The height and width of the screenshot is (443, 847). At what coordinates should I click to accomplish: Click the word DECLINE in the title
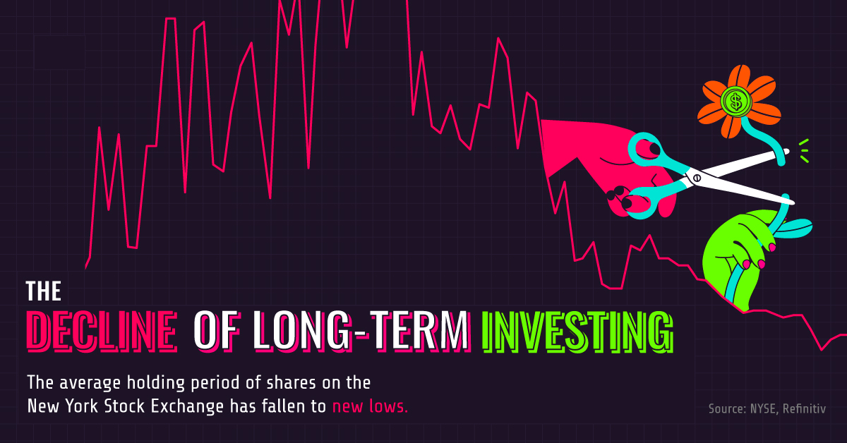tap(101, 330)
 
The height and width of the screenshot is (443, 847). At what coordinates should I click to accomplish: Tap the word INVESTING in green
tap(577, 330)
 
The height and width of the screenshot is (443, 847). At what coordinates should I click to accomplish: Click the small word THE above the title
tap(44, 291)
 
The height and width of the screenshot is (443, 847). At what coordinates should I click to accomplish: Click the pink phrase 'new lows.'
tap(370, 406)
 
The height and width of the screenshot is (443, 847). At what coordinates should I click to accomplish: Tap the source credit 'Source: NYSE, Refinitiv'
tap(767, 408)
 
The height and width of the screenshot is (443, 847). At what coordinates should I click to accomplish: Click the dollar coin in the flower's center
tap(735, 102)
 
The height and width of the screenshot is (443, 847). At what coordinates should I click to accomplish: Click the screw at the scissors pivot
tap(695, 178)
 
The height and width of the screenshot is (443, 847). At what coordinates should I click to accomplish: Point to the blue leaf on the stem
tap(794, 227)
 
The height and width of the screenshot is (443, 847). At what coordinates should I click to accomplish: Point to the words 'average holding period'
tap(142, 383)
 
